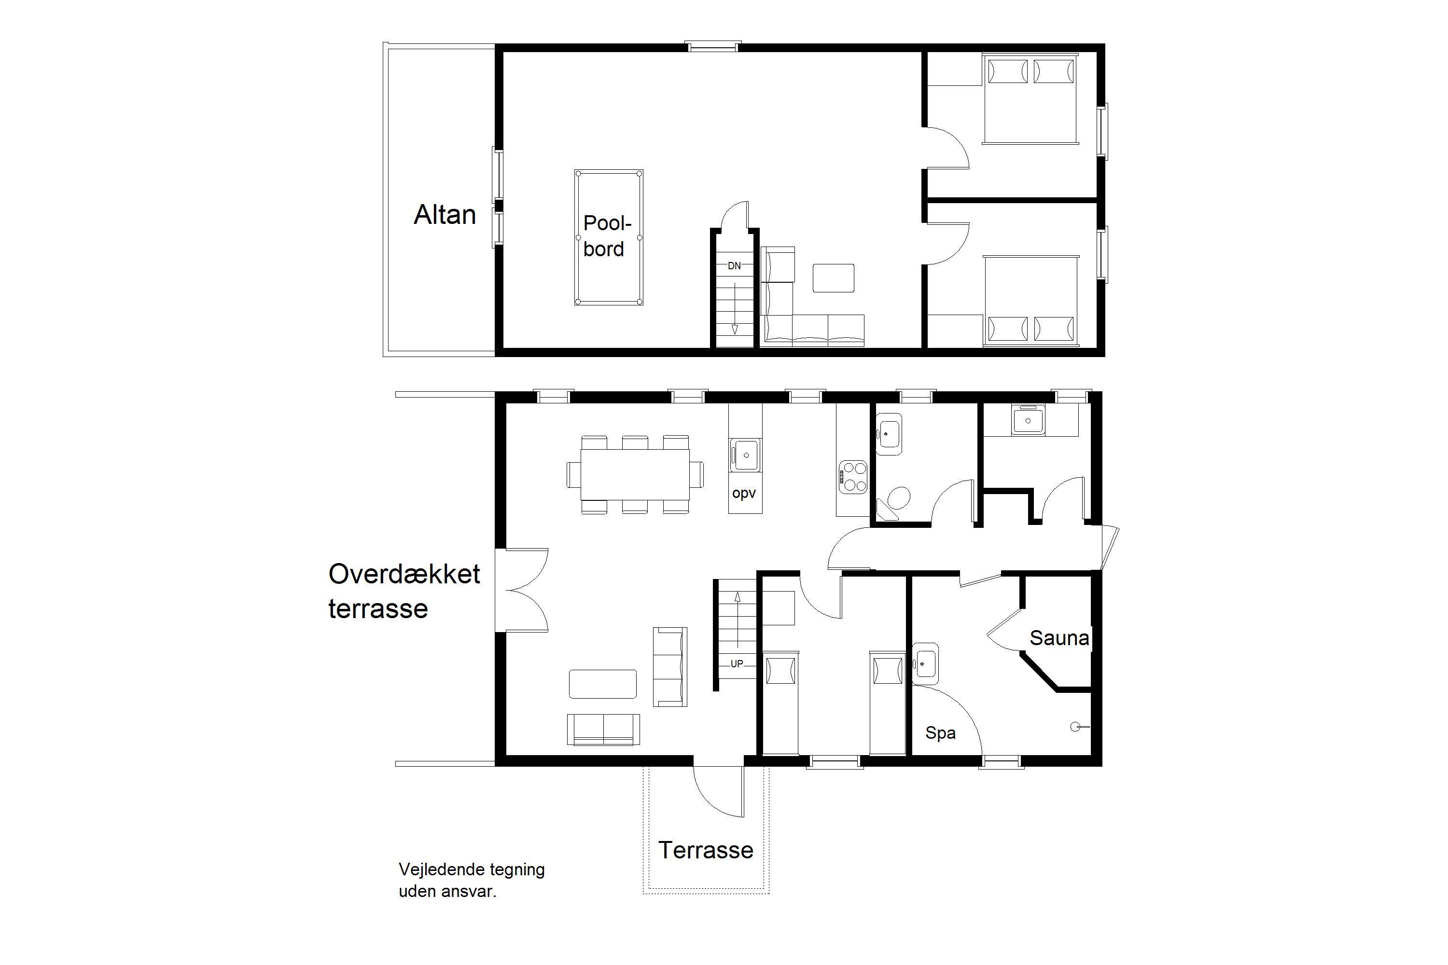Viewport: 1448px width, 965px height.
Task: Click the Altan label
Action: pyautogui.click(x=445, y=215)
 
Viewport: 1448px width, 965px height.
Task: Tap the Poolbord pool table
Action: pyautogui.click(x=609, y=237)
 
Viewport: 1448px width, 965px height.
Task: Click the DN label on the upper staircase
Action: pyautogui.click(x=735, y=266)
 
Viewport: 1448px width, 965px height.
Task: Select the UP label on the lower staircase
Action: pyautogui.click(x=737, y=663)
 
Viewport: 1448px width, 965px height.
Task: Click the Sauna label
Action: pyautogui.click(x=1059, y=638)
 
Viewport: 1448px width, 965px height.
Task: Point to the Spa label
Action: pyautogui.click(x=940, y=733)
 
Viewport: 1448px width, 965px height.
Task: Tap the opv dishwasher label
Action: pyautogui.click(x=744, y=494)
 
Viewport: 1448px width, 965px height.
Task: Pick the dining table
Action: pyautogui.click(x=635, y=474)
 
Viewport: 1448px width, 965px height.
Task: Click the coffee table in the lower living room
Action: pyautogui.click(x=603, y=684)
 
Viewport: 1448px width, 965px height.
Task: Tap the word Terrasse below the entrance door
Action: pyautogui.click(x=706, y=850)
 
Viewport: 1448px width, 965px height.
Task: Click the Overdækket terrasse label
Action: pyautogui.click(x=404, y=591)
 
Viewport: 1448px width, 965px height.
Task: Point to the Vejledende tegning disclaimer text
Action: pyautogui.click(x=472, y=880)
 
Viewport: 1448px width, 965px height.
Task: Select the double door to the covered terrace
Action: pyautogui.click(x=522, y=590)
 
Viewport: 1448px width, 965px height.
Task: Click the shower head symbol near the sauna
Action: pyautogui.click(x=1079, y=727)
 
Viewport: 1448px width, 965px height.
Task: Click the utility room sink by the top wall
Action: pyautogui.click(x=1028, y=420)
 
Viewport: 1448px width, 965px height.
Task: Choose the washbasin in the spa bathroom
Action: pyautogui.click(x=925, y=664)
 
